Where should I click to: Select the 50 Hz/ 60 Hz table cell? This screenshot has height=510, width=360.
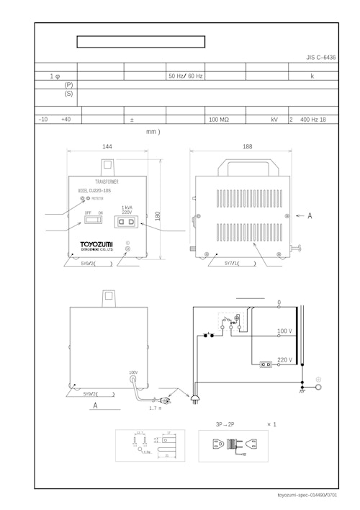pos(186,76)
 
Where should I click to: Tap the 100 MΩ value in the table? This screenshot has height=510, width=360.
pos(219,120)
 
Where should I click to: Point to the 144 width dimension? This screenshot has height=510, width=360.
pos(107,146)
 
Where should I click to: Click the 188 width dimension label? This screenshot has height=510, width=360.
pos(247,146)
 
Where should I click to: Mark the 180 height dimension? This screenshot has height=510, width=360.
pos(158,215)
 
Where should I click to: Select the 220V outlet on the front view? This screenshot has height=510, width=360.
pos(127,223)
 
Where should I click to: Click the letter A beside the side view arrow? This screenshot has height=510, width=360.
pos(310,215)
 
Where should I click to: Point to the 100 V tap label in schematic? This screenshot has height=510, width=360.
pos(284,331)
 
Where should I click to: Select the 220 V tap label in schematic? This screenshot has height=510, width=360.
pos(284,359)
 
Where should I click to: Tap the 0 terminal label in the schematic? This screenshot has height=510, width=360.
pos(279,302)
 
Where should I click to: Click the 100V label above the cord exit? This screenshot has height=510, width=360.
pos(133,372)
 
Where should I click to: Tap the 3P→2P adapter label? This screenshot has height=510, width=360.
pos(225,424)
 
